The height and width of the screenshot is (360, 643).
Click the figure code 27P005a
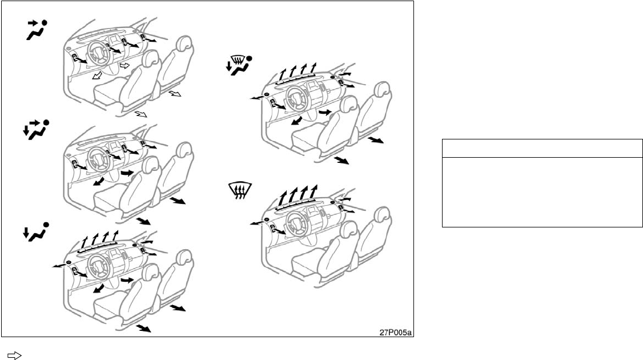395,330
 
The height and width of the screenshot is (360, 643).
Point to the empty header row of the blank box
541,148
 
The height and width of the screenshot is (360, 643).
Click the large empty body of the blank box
541,191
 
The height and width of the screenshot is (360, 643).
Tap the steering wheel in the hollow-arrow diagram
93,56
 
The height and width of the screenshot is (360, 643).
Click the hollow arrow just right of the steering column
125,66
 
